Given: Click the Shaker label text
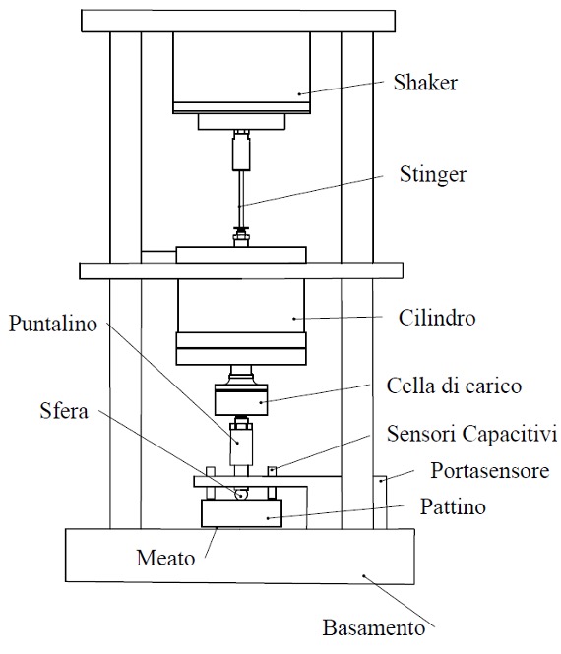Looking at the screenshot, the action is (x=425, y=83).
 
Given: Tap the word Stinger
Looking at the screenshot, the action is (x=433, y=175).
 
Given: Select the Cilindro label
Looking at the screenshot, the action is (x=437, y=318).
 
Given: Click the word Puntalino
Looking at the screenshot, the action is (x=53, y=324).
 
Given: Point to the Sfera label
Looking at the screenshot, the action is (x=64, y=411).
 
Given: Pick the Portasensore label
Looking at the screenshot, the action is (x=490, y=471).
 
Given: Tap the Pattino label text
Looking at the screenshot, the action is (x=453, y=506).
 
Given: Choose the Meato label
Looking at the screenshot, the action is (x=165, y=558).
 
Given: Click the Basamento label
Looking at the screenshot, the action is (x=374, y=627).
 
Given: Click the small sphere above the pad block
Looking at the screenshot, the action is (x=241, y=495).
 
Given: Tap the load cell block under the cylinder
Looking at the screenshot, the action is (x=241, y=399).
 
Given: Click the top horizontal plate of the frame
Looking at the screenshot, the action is (x=238, y=21).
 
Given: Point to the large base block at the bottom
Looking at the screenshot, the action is (x=240, y=556).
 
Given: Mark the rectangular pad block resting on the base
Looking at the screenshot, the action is (x=242, y=513).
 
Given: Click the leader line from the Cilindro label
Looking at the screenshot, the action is (x=339, y=318).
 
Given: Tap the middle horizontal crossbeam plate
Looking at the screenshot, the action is (x=241, y=270).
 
